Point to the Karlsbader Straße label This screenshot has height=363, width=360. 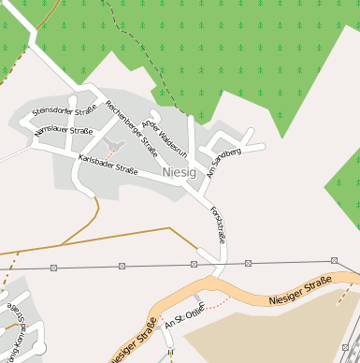(108, 165)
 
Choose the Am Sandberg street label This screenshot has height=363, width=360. (224, 162)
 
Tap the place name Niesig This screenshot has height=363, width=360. (179, 173)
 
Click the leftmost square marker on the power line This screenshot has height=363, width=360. (54, 268)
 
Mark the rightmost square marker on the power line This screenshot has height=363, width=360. (334, 260)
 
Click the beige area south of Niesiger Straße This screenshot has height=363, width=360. (271, 332)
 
